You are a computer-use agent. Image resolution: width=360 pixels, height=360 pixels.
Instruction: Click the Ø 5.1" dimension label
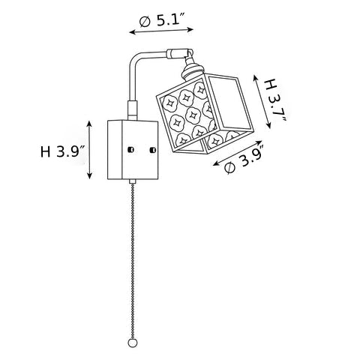[x=162, y=19]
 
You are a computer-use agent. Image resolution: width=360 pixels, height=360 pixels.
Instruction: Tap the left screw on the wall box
[x=130, y=149]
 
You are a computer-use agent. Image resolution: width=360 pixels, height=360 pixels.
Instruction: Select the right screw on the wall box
[x=152, y=150]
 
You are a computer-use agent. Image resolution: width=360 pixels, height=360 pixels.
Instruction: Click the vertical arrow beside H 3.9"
[x=89, y=150]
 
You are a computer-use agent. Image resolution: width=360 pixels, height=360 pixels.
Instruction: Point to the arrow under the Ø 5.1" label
[x=161, y=31]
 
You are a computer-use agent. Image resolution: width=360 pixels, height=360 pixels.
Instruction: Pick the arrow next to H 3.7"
[x=262, y=101]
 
